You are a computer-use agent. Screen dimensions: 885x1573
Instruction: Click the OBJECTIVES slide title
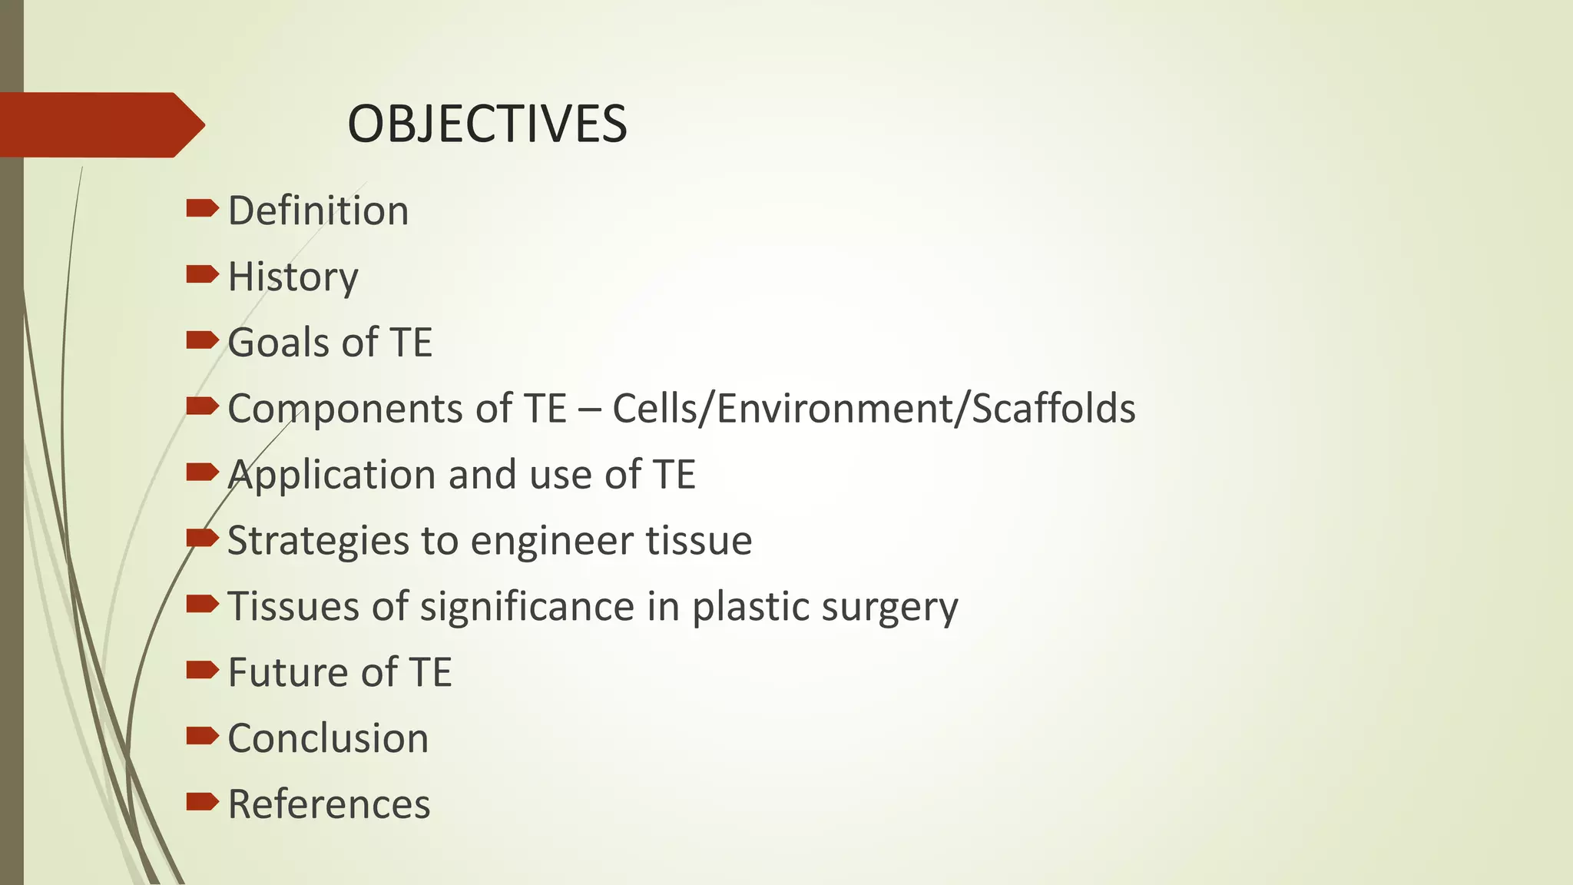(x=487, y=124)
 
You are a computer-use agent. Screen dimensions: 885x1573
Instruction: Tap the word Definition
(x=318, y=210)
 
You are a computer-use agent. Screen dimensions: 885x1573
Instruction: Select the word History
(x=293, y=277)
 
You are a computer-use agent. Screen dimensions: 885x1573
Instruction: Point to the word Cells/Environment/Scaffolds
(x=873, y=409)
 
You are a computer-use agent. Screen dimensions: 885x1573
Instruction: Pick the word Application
(x=332, y=475)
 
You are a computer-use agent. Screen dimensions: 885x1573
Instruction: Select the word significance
(x=528, y=607)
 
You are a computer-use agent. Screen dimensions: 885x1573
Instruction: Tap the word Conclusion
(x=328, y=739)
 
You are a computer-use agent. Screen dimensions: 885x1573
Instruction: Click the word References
(x=329, y=805)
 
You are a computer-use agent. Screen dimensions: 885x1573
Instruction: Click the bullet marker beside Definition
(x=202, y=208)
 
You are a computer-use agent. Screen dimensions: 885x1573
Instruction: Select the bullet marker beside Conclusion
(x=202, y=736)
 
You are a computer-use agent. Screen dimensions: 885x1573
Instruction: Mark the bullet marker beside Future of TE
(x=202, y=670)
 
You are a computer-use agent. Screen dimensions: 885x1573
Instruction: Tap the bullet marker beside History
(x=202, y=274)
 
